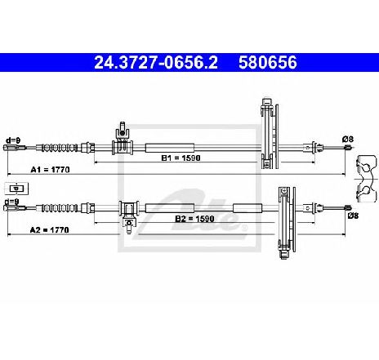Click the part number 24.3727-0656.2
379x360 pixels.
[156, 63]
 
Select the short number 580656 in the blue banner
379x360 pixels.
[268, 63]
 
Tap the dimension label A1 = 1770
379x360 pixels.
[50, 170]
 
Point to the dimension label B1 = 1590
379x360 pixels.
[181, 158]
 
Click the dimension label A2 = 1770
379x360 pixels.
[49, 230]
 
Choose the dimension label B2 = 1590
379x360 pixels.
[194, 219]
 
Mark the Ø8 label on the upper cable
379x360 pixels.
[348, 140]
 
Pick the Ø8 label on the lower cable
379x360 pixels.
[354, 216]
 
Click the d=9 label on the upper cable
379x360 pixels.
[13, 140]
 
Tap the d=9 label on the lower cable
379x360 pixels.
[12, 202]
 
